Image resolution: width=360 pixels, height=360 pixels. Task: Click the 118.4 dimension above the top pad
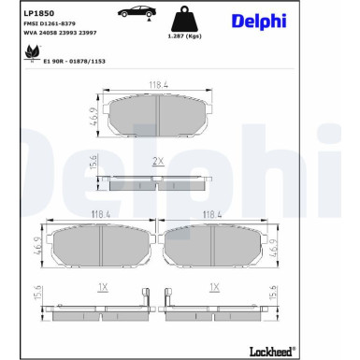pos(157,84)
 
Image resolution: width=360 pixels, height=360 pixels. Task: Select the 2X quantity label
pos(157,161)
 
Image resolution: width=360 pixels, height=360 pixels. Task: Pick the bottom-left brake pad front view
pos(102,248)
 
